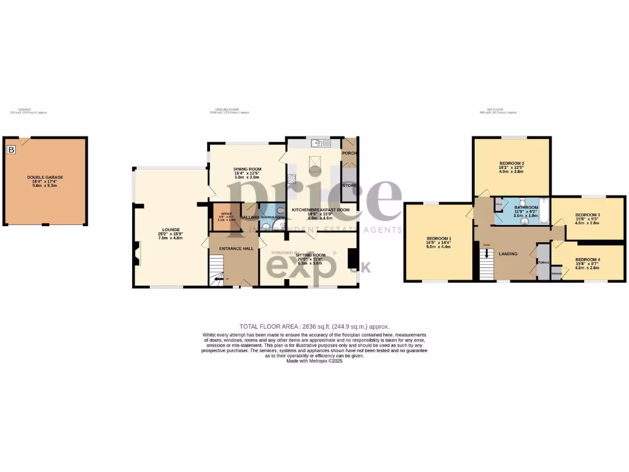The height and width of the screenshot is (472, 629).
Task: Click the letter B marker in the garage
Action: pos(10,149)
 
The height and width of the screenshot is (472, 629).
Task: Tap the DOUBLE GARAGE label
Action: pos(45,177)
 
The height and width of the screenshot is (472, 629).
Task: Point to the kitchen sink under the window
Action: pos(319,144)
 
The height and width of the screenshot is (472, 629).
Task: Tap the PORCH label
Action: pos(350,153)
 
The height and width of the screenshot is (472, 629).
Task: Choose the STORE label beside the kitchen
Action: pos(350,185)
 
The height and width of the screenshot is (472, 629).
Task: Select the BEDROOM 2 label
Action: pos(511,163)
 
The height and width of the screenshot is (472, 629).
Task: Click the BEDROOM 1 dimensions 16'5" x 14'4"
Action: pos(439,243)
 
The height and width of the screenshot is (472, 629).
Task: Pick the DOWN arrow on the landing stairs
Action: pos(486,253)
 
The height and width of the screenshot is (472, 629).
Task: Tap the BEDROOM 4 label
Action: pos(587,260)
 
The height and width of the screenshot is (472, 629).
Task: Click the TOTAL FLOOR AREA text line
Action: pos(314,327)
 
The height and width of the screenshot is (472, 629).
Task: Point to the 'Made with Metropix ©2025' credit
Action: pos(314,361)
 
